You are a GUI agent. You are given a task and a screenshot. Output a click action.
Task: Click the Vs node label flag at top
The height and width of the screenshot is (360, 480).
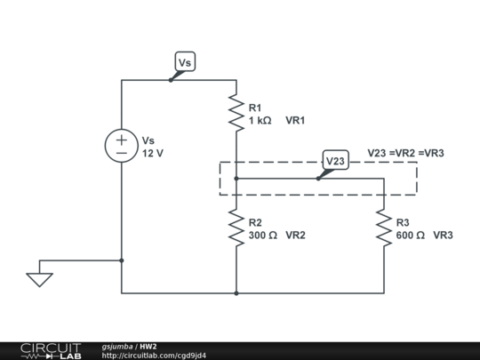click(x=184, y=62)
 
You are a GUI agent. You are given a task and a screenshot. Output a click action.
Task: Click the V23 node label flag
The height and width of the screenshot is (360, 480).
click(x=335, y=160)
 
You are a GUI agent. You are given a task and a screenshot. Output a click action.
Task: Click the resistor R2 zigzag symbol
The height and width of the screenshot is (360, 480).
click(x=236, y=228)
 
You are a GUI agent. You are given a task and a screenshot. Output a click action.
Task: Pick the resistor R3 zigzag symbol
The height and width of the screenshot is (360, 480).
click(x=384, y=228)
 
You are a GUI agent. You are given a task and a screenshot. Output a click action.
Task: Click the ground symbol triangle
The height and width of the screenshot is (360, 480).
click(x=39, y=279)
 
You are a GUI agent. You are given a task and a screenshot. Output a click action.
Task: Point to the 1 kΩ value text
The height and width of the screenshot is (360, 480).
click(x=260, y=120)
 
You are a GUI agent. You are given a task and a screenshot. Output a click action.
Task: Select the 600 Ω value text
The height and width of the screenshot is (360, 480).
click(x=410, y=236)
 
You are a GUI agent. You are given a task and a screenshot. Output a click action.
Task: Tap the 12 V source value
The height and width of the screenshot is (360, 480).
click(x=153, y=153)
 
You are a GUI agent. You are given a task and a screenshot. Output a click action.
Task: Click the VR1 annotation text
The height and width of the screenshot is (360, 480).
click(x=296, y=120)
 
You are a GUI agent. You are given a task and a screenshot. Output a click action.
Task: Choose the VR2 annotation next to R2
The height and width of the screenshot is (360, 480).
click(x=296, y=236)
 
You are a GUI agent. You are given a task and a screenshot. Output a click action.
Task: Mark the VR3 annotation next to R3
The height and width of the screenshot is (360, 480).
click(x=444, y=236)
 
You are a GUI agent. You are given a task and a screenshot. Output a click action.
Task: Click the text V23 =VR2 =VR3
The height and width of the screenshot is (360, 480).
click(x=405, y=152)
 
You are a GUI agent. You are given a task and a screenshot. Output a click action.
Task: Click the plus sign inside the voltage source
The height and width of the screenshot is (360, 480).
click(x=122, y=140)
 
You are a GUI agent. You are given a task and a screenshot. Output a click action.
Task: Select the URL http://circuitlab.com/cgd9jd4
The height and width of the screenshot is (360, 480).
click(x=154, y=356)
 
